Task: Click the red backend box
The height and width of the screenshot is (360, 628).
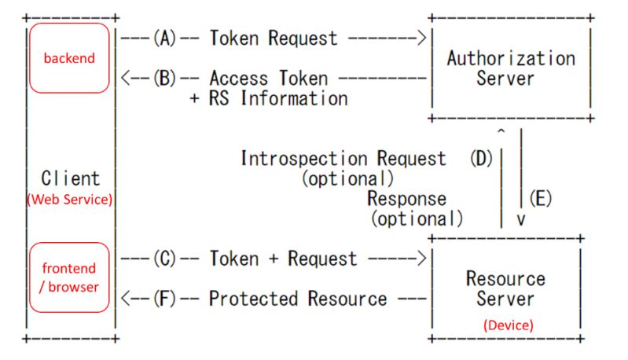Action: tap(69, 58)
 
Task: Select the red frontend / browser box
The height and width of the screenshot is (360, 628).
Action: tap(69, 277)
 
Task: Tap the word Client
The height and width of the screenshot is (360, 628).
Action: tap(71, 178)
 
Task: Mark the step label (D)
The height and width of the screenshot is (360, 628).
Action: tap(480, 158)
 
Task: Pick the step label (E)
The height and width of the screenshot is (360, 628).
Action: tap(540, 198)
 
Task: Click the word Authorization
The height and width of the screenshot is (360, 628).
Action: tap(511, 58)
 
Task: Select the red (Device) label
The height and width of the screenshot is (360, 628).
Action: tap(508, 324)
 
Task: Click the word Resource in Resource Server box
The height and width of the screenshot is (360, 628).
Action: tap(505, 279)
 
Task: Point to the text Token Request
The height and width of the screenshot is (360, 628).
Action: tap(273, 38)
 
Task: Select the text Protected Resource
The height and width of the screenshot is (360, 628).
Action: tap(298, 299)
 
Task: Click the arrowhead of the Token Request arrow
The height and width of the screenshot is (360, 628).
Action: tap(422, 38)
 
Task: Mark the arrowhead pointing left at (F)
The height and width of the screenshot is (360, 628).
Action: tap(123, 299)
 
